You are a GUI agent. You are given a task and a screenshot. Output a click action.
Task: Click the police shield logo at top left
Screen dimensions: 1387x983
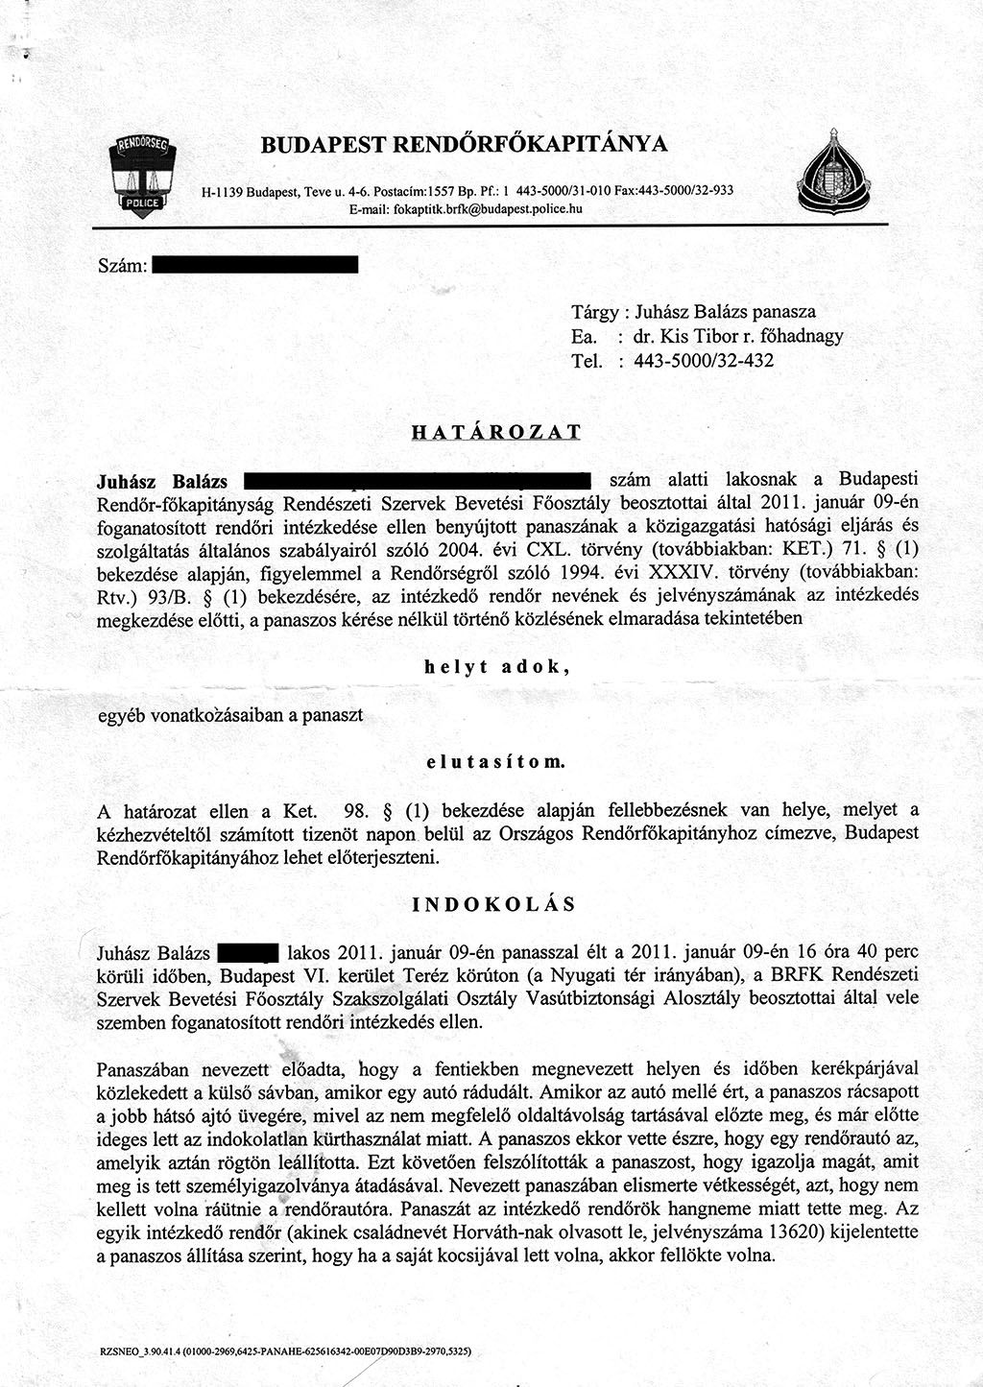click(x=140, y=176)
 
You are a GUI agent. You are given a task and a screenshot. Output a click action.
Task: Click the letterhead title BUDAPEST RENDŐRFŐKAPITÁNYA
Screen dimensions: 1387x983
click(x=465, y=145)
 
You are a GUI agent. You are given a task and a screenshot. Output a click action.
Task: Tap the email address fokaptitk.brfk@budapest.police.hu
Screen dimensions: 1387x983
click(x=467, y=207)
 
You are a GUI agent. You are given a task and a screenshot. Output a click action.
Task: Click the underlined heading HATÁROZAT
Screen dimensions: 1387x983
click(x=495, y=432)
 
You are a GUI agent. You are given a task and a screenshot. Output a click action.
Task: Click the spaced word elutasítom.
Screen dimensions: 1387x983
click(x=495, y=763)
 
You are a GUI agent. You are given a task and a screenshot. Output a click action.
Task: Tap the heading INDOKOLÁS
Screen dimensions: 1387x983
click(x=494, y=904)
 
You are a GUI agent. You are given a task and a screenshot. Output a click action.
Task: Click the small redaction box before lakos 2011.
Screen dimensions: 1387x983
click(x=248, y=953)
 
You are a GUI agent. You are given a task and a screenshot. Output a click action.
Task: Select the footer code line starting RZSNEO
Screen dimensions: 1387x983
click(x=285, y=1351)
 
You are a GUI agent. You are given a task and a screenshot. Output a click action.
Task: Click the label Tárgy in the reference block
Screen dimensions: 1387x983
click(x=592, y=312)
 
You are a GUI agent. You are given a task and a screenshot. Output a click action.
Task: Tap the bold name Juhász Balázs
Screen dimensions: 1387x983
click(x=162, y=481)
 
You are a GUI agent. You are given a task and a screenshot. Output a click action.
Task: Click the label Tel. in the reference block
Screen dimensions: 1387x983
click(x=586, y=361)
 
